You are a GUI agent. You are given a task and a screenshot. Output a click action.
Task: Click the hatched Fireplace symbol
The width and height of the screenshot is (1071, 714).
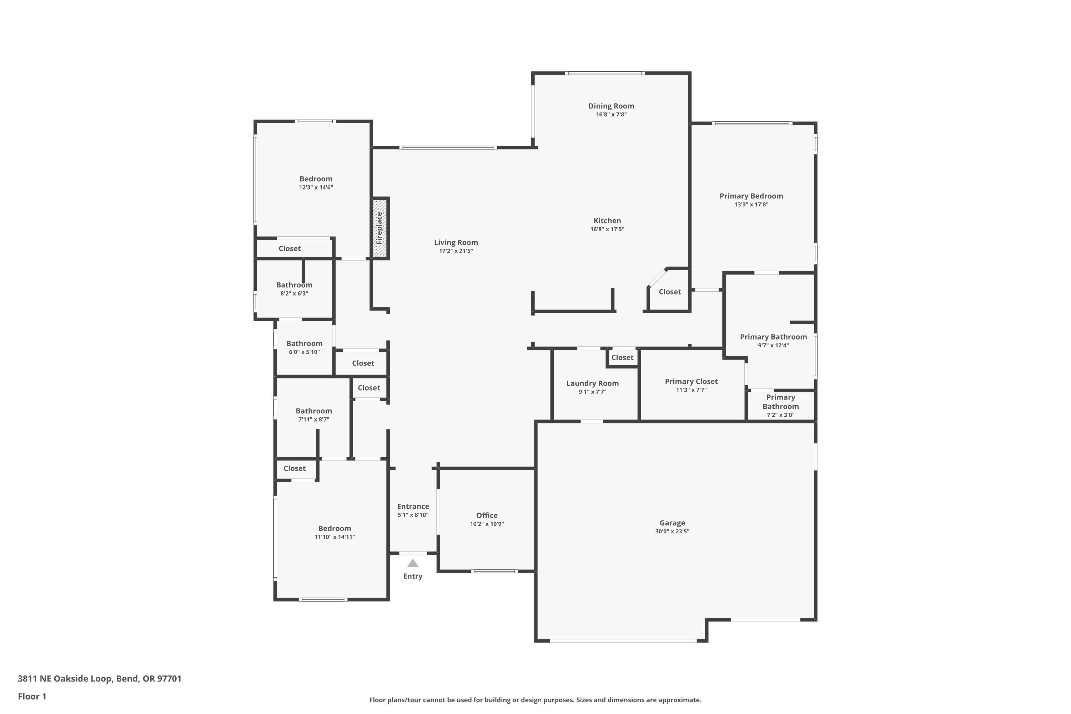(x=379, y=228)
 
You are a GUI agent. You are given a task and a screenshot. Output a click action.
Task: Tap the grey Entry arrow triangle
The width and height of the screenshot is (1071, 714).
(x=413, y=564)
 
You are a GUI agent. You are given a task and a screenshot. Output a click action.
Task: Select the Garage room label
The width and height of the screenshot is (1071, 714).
(x=672, y=523)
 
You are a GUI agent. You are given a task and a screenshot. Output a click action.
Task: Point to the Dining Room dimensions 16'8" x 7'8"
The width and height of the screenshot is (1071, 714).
(x=611, y=115)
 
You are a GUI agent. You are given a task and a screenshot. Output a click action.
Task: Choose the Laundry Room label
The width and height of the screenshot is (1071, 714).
(x=592, y=383)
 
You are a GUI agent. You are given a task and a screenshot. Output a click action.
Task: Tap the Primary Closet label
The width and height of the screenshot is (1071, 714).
(x=691, y=382)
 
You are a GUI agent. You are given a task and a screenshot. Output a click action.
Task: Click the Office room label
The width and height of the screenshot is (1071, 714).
(x=487, y=516)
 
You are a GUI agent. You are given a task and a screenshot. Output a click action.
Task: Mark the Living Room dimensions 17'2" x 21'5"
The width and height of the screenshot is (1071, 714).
(x=456, y=251)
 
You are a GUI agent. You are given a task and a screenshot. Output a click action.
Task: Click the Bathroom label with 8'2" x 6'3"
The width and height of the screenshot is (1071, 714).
(x=294, y=285)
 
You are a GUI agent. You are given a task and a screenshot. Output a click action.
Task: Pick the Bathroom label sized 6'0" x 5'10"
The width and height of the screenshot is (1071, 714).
(x=304, y=344)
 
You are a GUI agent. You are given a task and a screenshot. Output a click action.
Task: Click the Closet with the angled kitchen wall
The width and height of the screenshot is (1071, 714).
(x=669, y=292)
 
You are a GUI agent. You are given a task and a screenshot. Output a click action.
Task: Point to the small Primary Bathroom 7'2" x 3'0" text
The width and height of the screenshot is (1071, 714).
(x=780, y=415)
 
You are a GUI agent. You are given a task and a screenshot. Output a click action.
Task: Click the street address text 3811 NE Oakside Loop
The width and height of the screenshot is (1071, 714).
(x=99, y=679)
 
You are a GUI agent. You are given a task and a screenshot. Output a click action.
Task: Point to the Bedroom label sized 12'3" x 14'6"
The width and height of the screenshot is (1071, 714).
(x=316, y=179)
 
